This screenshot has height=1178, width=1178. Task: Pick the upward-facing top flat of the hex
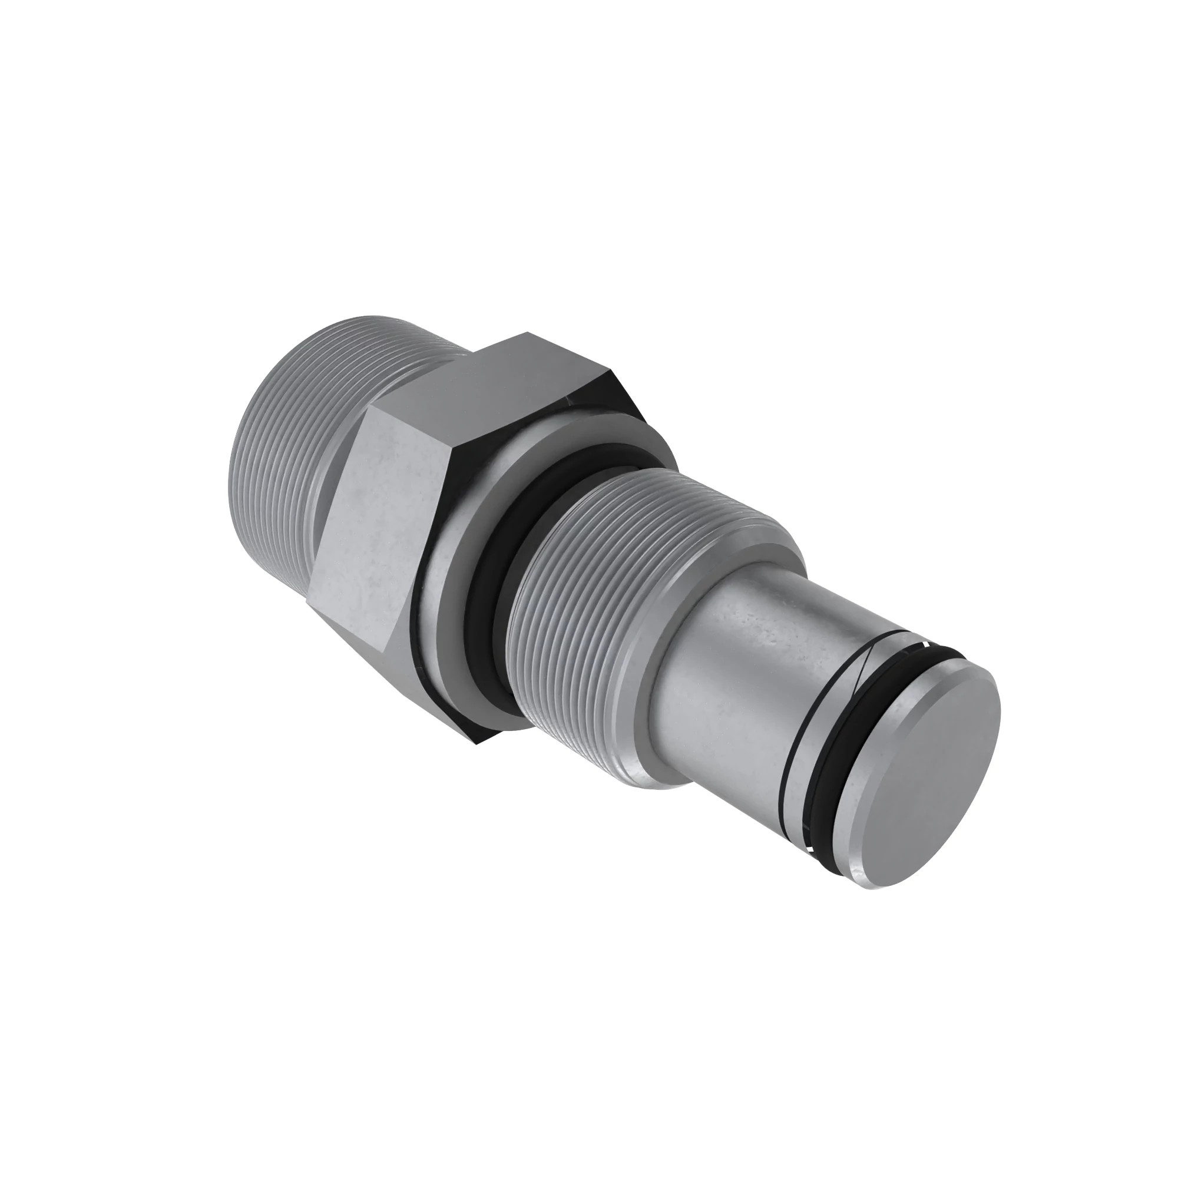tap(488, 378)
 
